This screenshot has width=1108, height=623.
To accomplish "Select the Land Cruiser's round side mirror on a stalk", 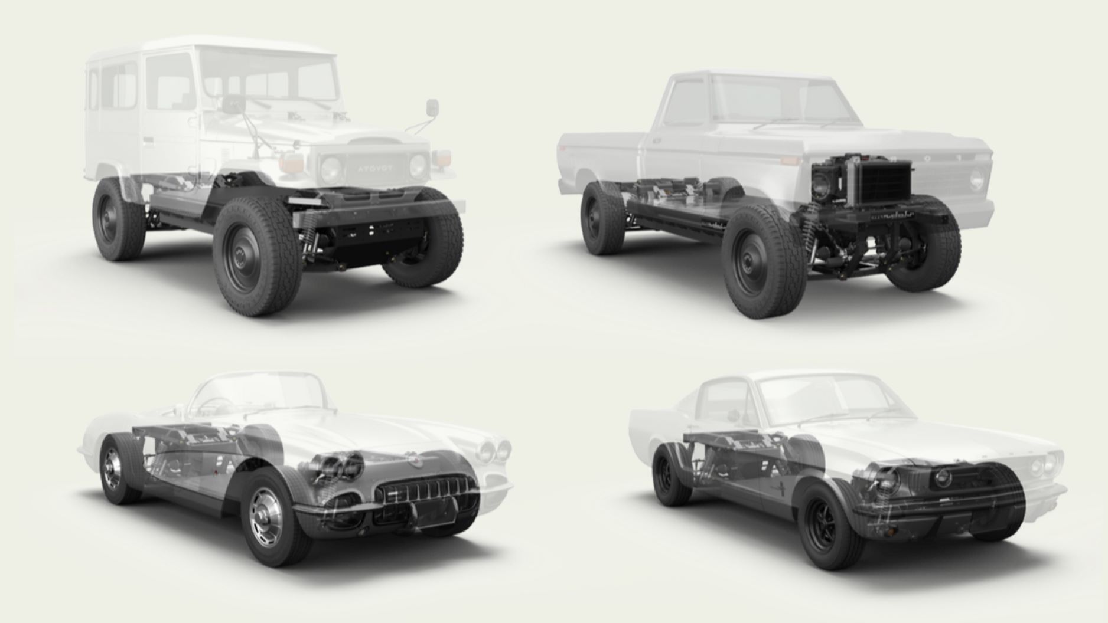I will click(x=432, y=108).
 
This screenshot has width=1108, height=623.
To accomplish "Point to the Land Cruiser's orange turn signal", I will click(x=289, y=163).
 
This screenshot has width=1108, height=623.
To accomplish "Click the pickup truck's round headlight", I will click(x=976, y=175).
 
